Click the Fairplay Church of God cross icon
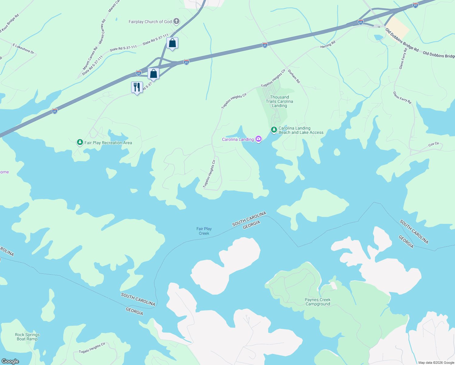tap(176, 22)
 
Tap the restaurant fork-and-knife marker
tap(137, 87)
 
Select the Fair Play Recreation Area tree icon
tap(80, 142)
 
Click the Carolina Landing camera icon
tap(259, 139)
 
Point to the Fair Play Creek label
tap(204, 231)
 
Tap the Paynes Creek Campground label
tap(318, 302)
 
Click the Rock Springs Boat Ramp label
tap(27, 337)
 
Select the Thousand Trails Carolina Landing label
tap(280, 101)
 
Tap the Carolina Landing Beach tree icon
tap(274, 130)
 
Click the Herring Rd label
tap(328, 44)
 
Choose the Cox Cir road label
tap(434, 144)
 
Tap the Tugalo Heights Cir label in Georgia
tap(92, 348)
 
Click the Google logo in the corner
tap(10, 361)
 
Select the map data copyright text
tap(436, 363)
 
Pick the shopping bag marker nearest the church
tap(172, 43)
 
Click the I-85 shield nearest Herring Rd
tap(265, 45)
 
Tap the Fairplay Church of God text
tap(150, 22)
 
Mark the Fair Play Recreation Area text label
tap(108, 143)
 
